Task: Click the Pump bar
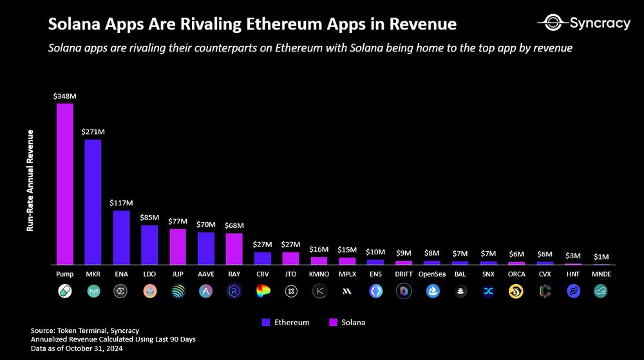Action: (x=64, y=184)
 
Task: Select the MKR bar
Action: (x=93, y=202)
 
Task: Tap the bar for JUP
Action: (x=178, y=247)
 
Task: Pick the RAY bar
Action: (x=234, y=249)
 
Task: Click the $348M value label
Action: (x=64, y=96)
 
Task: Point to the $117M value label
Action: (x=121, y=203)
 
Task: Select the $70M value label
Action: (x=205, y=225)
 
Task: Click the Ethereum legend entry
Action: (x=286, y=322)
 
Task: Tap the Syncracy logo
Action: (x=583, y=24)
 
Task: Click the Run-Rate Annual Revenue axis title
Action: (x=30, y=180)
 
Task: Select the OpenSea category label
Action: (x=432, y=274)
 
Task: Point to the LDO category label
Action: (x=149, y=274)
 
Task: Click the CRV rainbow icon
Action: (x=262, y=291)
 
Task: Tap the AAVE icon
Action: (x=205, y=291)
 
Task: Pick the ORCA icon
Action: (x=516, y=291)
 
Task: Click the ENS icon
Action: (x=375, y=291)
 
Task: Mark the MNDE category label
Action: (x=601, y=274)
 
